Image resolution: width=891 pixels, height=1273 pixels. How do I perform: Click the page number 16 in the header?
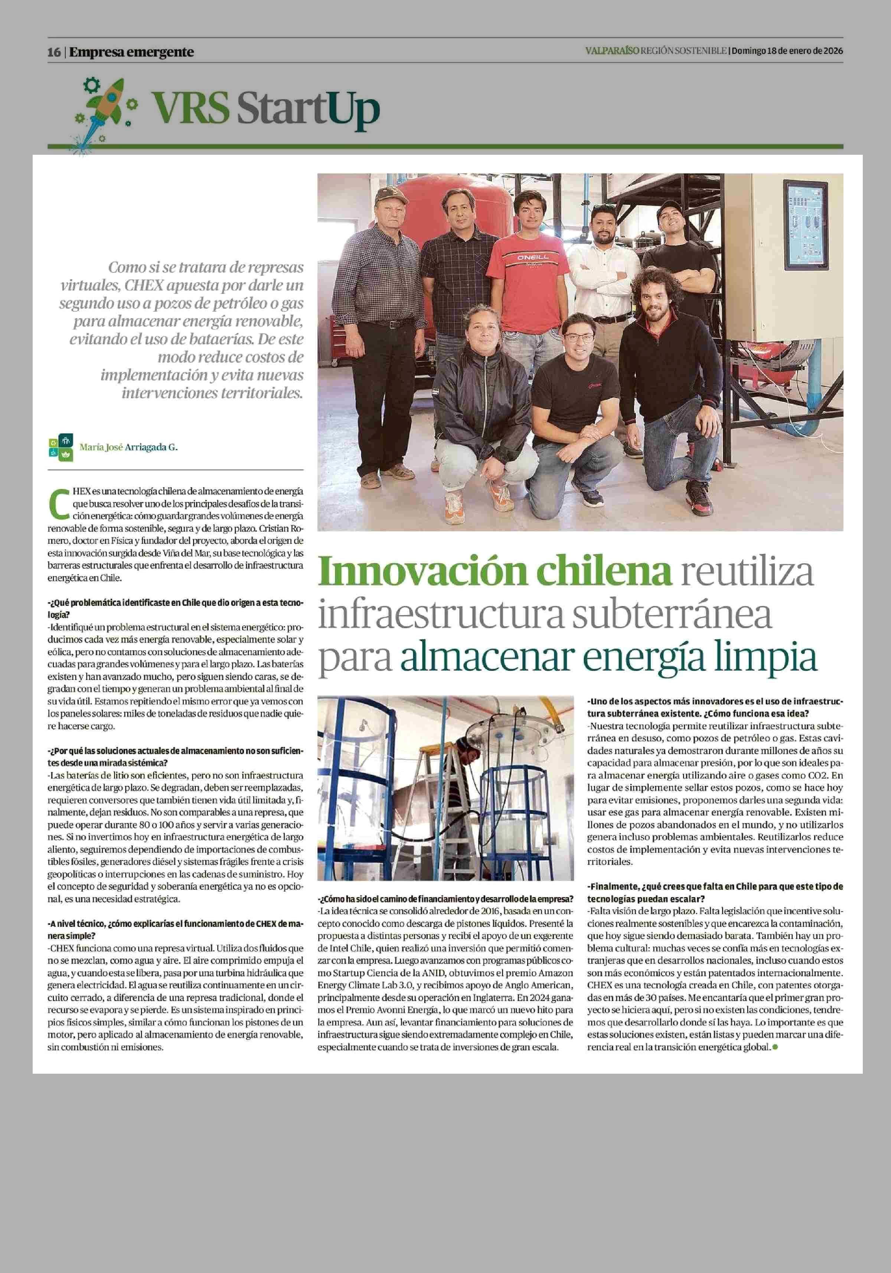click(x=54, y=52)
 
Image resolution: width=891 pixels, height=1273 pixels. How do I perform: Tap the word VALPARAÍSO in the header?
click(x=611, y=51)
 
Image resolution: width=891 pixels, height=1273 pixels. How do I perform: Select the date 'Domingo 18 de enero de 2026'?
click(x=787, y=51)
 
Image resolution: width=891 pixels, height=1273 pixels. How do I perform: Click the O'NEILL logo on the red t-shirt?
click(x=533, y=258)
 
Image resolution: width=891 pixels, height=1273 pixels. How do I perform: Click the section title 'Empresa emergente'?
click(x=131, y=52)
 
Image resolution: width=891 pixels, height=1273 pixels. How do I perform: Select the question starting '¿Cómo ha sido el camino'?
click(x=446, y=898)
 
